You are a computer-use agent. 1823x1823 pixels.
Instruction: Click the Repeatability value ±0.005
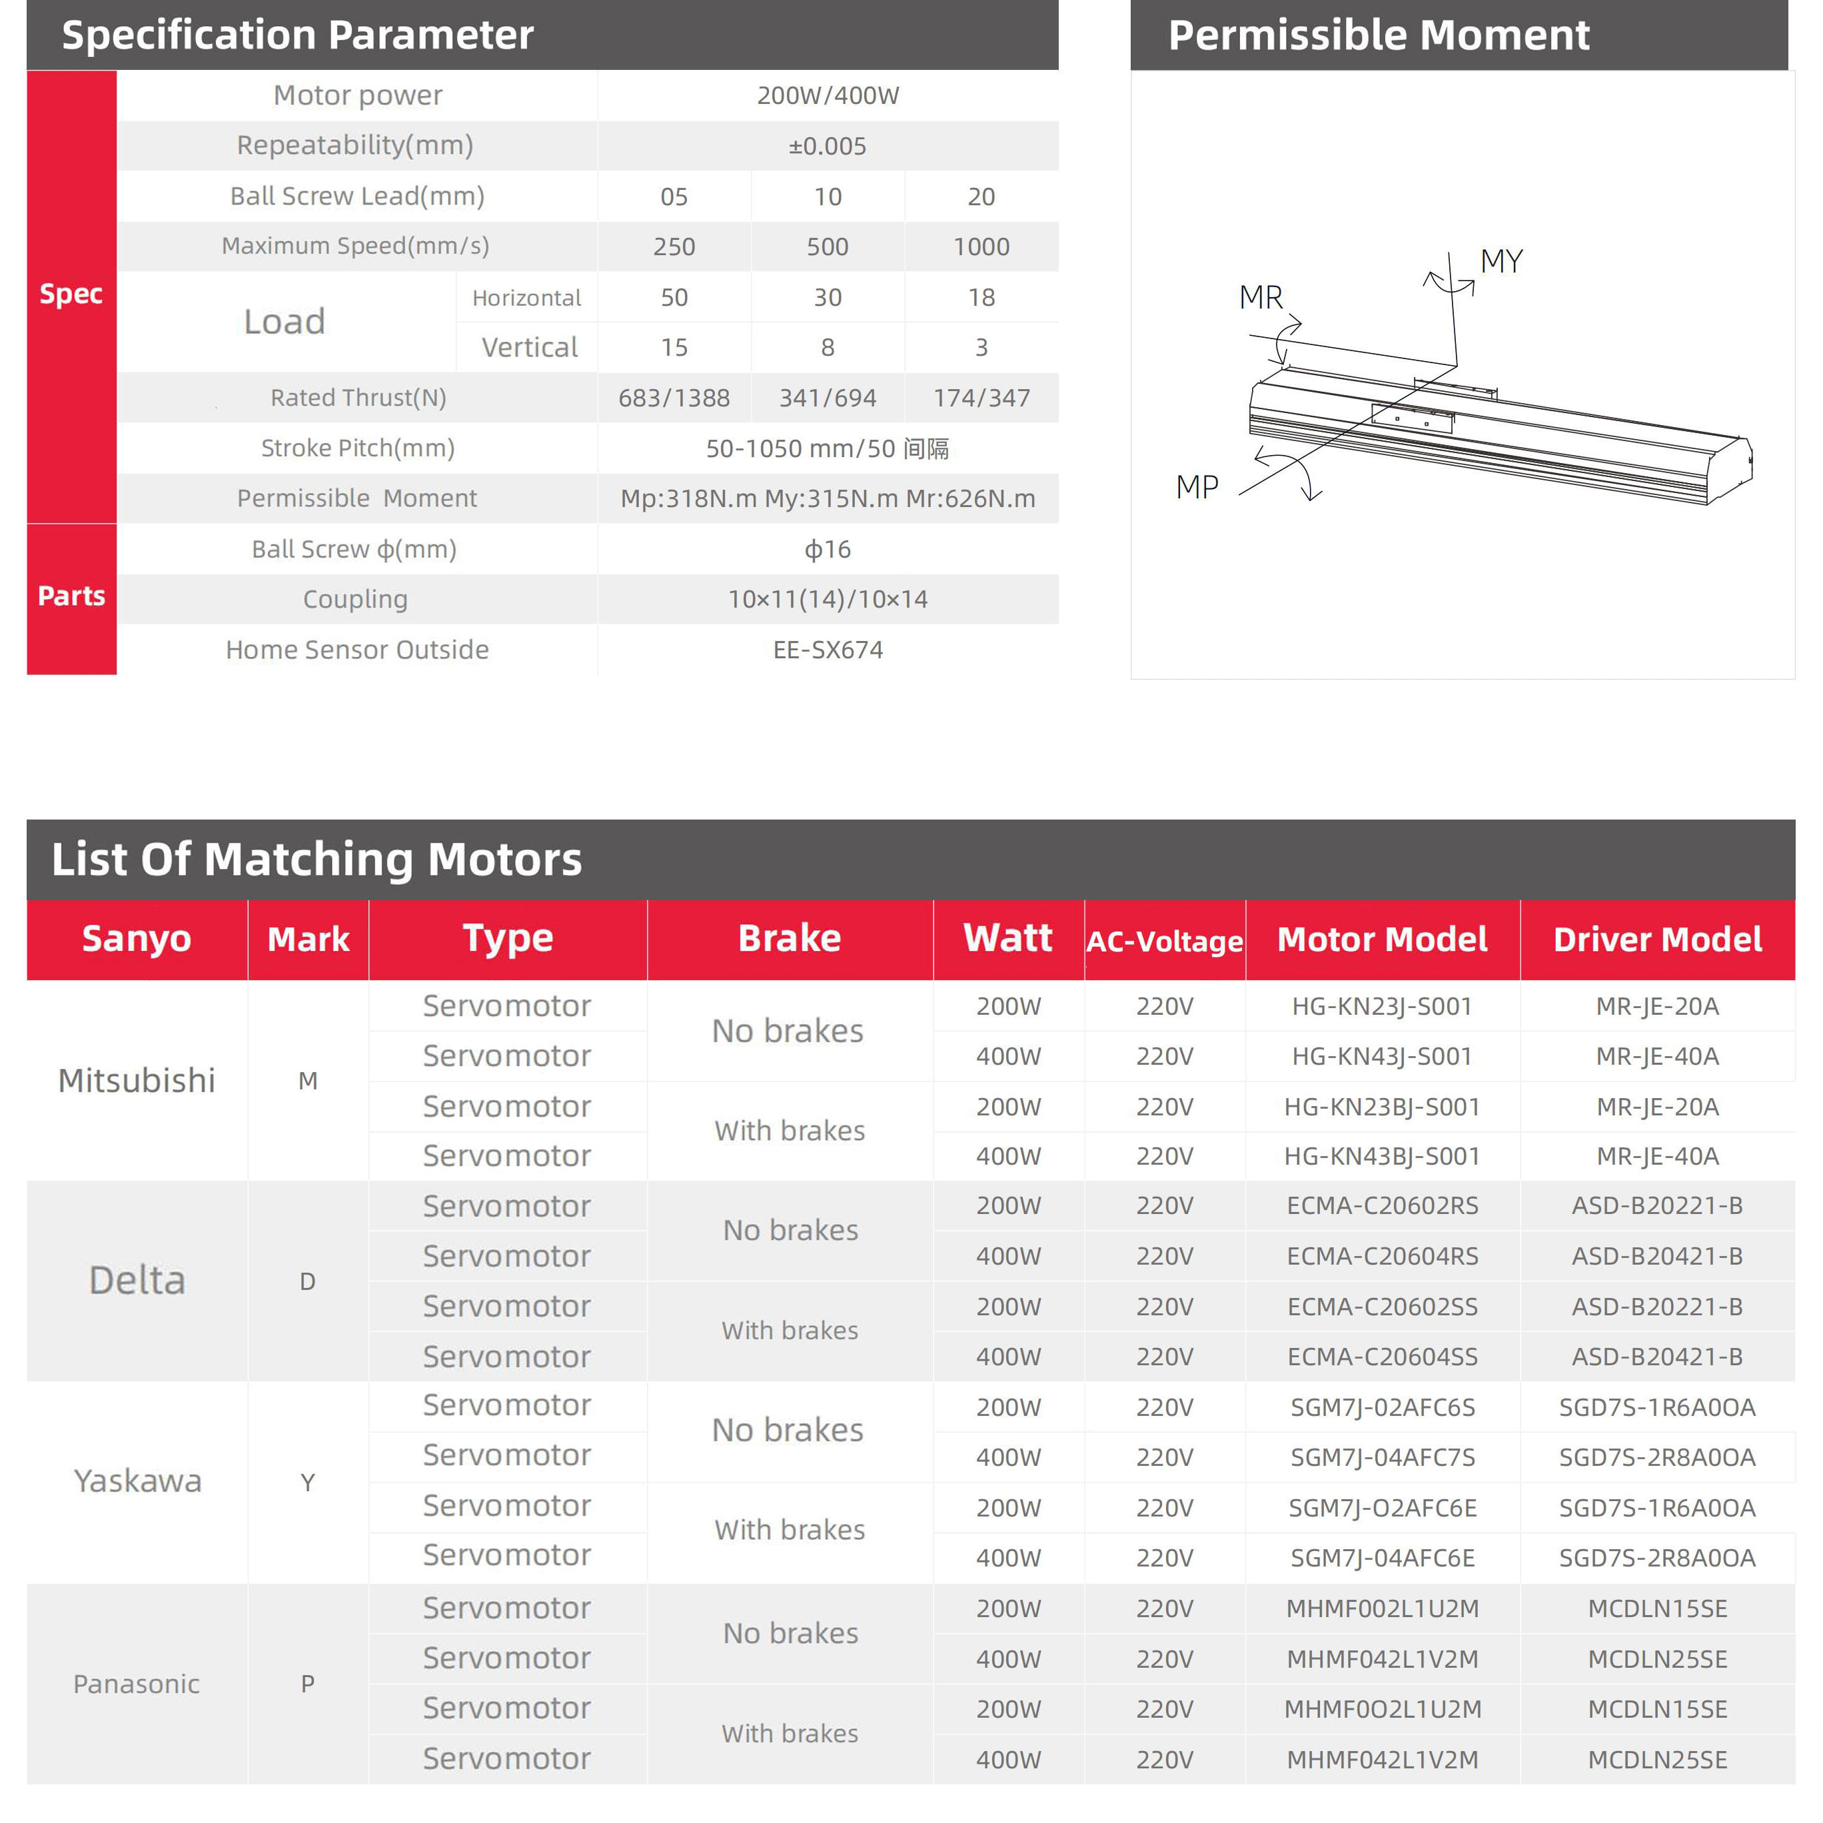click(827, 147)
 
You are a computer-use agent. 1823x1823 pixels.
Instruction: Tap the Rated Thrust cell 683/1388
click(674, 398)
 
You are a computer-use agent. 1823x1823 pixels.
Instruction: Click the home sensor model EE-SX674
click(828, 650)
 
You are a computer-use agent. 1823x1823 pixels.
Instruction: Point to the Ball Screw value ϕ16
click(828, 549)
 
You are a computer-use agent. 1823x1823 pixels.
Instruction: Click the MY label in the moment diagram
click(1501, 261)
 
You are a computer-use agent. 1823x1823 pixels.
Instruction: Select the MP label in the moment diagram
click(1197, 487)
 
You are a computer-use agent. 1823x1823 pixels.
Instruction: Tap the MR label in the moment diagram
click(1260, 297)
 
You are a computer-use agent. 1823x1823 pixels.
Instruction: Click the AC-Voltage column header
click(1165, 941)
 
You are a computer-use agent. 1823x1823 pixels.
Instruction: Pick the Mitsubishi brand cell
click(137, 1080)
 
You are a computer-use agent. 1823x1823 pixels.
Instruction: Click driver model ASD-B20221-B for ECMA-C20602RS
click(1657, 1206)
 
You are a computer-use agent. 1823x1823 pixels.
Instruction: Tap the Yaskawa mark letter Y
click(308, 1483)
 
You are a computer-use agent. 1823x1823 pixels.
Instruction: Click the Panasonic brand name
click(137, 1684)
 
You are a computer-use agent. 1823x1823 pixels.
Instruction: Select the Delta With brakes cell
click(790, 1331)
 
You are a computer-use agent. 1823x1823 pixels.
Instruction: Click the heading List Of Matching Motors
click(316, 860)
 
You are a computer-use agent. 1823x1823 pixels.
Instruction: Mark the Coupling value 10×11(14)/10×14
click(828, 599)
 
